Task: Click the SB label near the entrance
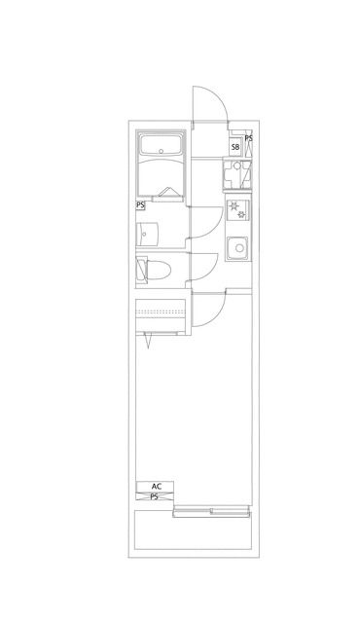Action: pyautogui.click(x=235, y=147)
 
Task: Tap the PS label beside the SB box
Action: pyautogui.click(x=248, y=138)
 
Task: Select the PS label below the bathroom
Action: pyautogui.click(x=140, y=205)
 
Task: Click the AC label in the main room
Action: pyautogui.click(x=157, y=486)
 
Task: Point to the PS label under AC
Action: pyautogui.click(x=155, y=496)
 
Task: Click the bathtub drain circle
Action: pyautogui.click(x=161, y=151)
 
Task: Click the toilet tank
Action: pyautogui.click(x=142, y=270)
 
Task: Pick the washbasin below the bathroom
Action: pyautogui.click(x=147, y=234)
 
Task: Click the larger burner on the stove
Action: pyautogui.click(x=234, y=205)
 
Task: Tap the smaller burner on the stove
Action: pyautogui.click(x=241, y=215)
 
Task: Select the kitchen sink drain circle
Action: pyautogui.click(x=239, y=248)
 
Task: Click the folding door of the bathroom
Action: pyautogui.click(x=167, y=192)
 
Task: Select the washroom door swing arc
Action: pyautogui.click(x=213, y=227)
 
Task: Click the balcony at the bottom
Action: pyautogui.click(x=193, y=530)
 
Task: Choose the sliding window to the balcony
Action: pyautogui.click(x=211, y=511)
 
